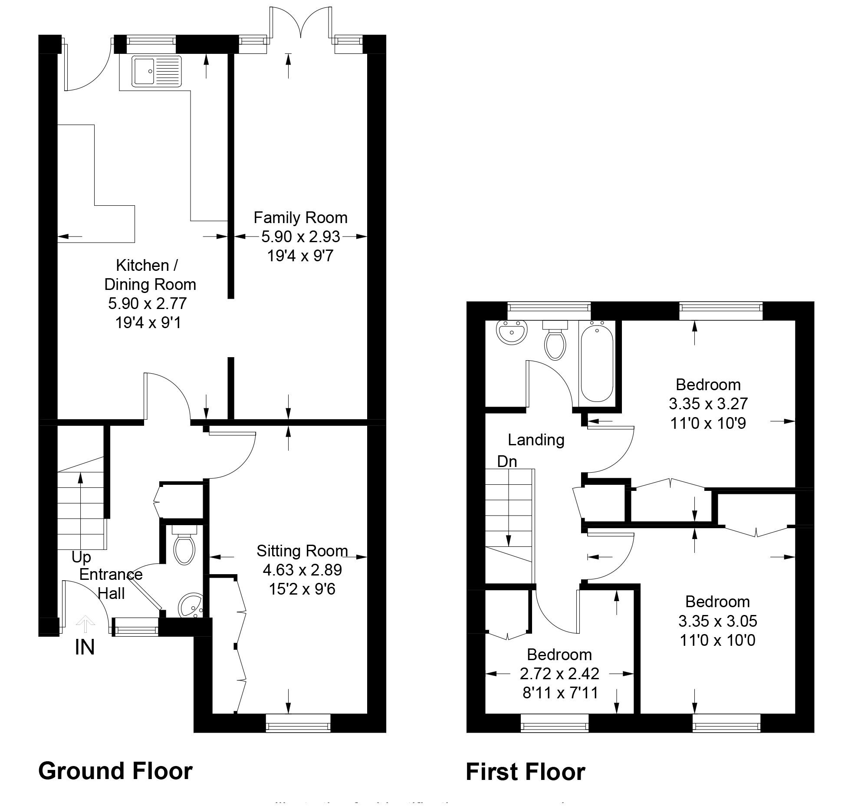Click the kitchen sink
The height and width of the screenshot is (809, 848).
157,71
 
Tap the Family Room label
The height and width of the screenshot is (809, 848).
300,217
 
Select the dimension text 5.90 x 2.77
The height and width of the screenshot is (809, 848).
147,303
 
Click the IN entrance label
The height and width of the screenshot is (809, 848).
85,648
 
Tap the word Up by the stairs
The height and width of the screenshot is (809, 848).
81,557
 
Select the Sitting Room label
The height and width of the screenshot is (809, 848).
302,551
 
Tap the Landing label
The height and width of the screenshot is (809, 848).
536,440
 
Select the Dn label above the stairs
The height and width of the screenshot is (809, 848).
507,461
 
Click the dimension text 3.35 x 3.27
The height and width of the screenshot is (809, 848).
708,404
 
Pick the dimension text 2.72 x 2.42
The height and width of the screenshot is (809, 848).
559,673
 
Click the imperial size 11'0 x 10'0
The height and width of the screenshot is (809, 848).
717,640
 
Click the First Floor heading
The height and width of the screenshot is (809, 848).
525,772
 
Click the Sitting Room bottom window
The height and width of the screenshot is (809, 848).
298,723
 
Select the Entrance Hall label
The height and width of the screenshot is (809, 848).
111,584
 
